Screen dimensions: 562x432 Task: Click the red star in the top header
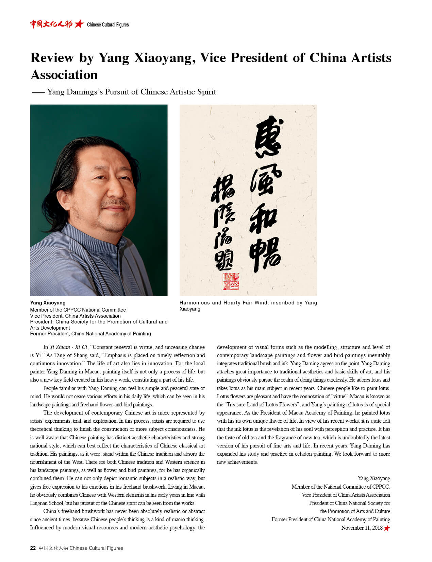(79, 24)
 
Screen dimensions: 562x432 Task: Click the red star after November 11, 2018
(387, 528)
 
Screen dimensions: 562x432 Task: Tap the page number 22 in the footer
(33, 548)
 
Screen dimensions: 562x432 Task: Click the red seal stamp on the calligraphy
(231, 281)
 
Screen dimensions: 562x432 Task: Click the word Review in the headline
(52, 58)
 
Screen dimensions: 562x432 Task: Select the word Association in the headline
(64, 75)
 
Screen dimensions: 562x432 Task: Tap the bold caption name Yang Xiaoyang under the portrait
(48, 303)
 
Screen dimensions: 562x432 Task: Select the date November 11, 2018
(362, 528)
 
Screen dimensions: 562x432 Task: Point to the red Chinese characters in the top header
(51, 24)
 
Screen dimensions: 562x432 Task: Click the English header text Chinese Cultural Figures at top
(108, 24)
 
